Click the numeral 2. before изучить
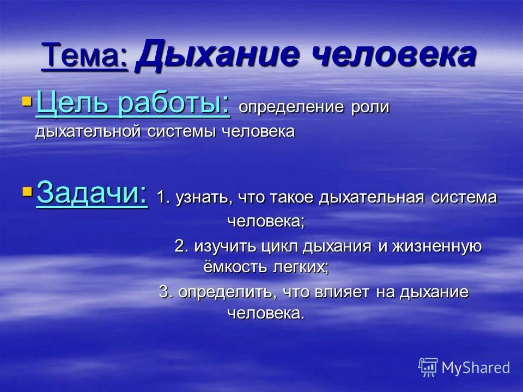(x=181, y=246)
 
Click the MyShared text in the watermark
(x=476, y=367)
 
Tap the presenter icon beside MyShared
(x=428, y=367)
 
